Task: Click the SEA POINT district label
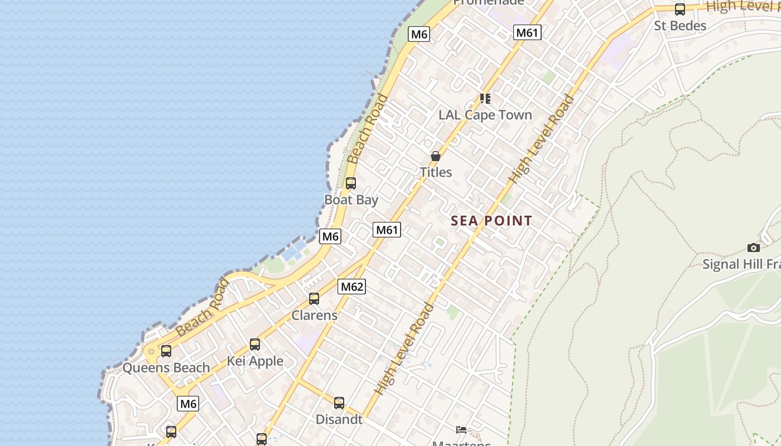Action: (491, 221)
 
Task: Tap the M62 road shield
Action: (351, 287)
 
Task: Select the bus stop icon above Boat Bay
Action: (351, 183)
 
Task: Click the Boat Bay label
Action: (351, 200)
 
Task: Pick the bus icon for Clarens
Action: (314, 299)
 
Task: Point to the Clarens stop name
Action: (315, 315)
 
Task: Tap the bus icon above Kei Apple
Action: (255, 345)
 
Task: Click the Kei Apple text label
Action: (255, 361)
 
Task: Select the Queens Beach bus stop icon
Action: (166, 351)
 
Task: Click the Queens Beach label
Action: (166, 368)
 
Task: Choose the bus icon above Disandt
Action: (339, 403)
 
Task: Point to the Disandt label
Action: (339, 419)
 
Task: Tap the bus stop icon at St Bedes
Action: (680, 9)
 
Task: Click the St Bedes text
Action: (680, 26)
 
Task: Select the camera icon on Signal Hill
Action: (754, 248)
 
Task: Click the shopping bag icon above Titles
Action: (436, 156)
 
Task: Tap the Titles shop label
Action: (436, 172)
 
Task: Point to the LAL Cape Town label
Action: (485, 115)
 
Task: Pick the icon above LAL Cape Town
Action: (485, 99)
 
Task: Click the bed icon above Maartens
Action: (461, 429)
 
